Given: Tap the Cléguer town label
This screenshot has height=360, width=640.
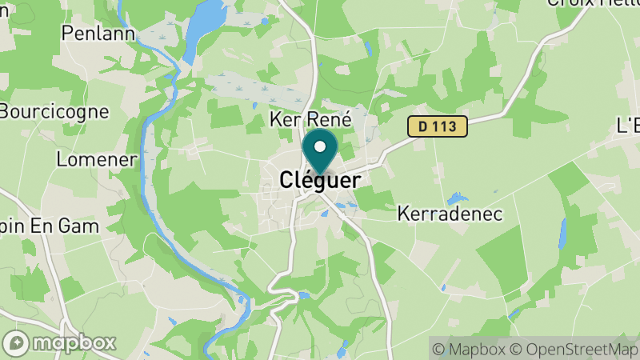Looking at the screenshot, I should pyautogui.click(x=320, y=181).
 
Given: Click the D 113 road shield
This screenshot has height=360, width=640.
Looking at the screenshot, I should pyautogui.click(x=437, y=126).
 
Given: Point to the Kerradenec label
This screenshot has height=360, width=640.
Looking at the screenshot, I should pyautogui.click(x=450, y=214).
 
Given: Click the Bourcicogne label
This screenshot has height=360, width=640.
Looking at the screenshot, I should pyautogui.click(x=54, y=110).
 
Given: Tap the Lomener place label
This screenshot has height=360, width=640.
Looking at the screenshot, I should pyautogui.click(x=96, y=159).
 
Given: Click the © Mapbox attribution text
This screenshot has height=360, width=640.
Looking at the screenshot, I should pyautogui.click(x=472, y=349).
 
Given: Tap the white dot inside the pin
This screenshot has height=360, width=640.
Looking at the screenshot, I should pyautogui.click(x=320, y=146).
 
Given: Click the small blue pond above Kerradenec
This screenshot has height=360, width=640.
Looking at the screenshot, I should pyautogui.click(x=458, y=197).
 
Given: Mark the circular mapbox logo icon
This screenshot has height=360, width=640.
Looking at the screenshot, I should pyautogui.click(x=18, y=342).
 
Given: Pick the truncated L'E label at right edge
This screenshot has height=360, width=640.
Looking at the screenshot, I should pyautogui.click(x=628, y=126).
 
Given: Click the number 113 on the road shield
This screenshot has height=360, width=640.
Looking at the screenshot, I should pyautogui.click(x=446, y=126).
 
